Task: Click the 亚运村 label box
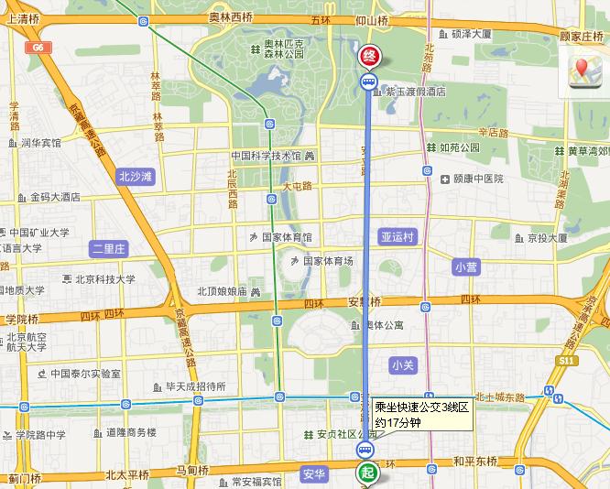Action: (398, 237)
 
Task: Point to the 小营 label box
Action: (466, 266)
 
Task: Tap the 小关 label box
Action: (403, 364)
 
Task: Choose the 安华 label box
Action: (314, 473)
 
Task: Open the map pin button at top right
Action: (583, 72)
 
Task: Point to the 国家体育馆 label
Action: (287, 236)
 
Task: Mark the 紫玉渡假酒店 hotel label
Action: (414, 92)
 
